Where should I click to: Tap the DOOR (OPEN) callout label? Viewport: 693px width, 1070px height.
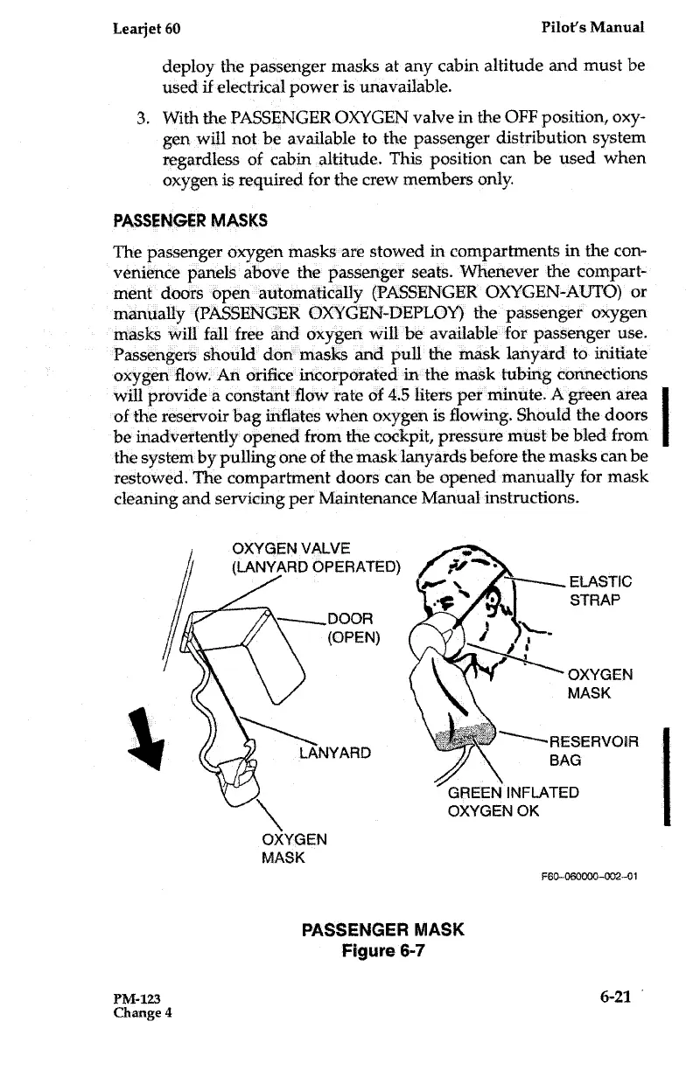coord(352,627)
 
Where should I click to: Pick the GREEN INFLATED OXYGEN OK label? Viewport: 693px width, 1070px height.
coord(513,802)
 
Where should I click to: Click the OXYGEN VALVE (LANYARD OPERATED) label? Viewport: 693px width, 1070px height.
coord(315,557)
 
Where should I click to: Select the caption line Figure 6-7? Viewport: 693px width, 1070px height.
coord(381,951)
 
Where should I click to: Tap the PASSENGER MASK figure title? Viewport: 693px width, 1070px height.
coord(381,929)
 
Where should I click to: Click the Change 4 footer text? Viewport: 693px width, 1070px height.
coord(143,1014)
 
